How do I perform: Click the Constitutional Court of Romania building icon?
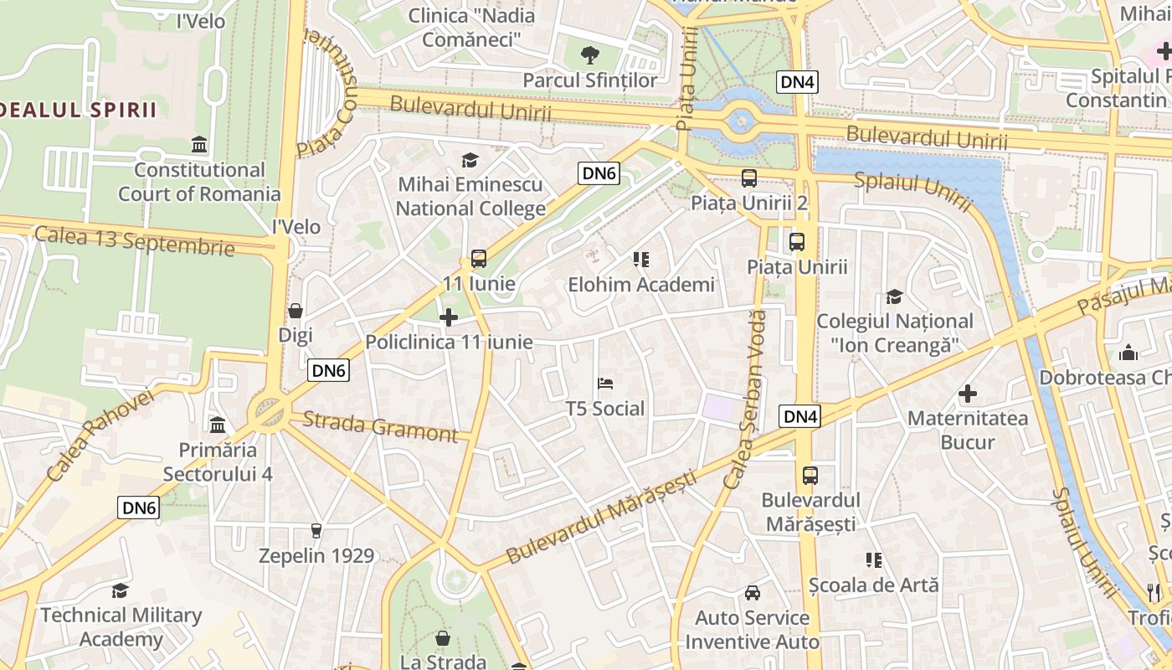point(199,145)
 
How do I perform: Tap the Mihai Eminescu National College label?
point(470,196)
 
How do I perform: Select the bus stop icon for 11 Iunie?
point(479,259)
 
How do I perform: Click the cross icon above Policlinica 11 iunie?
point(449,317)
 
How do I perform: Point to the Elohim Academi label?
point(641,285)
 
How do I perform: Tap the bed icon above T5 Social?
point(605,384)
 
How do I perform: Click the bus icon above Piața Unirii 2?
point(749,178)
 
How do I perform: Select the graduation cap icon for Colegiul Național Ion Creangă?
point(894,296)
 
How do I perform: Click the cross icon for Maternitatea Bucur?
point(968,393)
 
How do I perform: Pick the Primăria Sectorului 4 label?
point(218,461)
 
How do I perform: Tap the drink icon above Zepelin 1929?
point(316,531)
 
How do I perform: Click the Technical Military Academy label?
point(121,627)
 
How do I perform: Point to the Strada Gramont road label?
point(380,426)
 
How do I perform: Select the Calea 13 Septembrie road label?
point(134,240)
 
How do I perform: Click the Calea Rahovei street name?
point(100,435)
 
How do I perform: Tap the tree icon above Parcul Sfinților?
point(590,55)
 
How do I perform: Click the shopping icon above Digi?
point(296,311)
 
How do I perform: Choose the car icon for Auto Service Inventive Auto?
point(753,593)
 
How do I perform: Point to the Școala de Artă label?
point(874,585)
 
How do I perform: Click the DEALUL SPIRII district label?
point(79,110)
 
